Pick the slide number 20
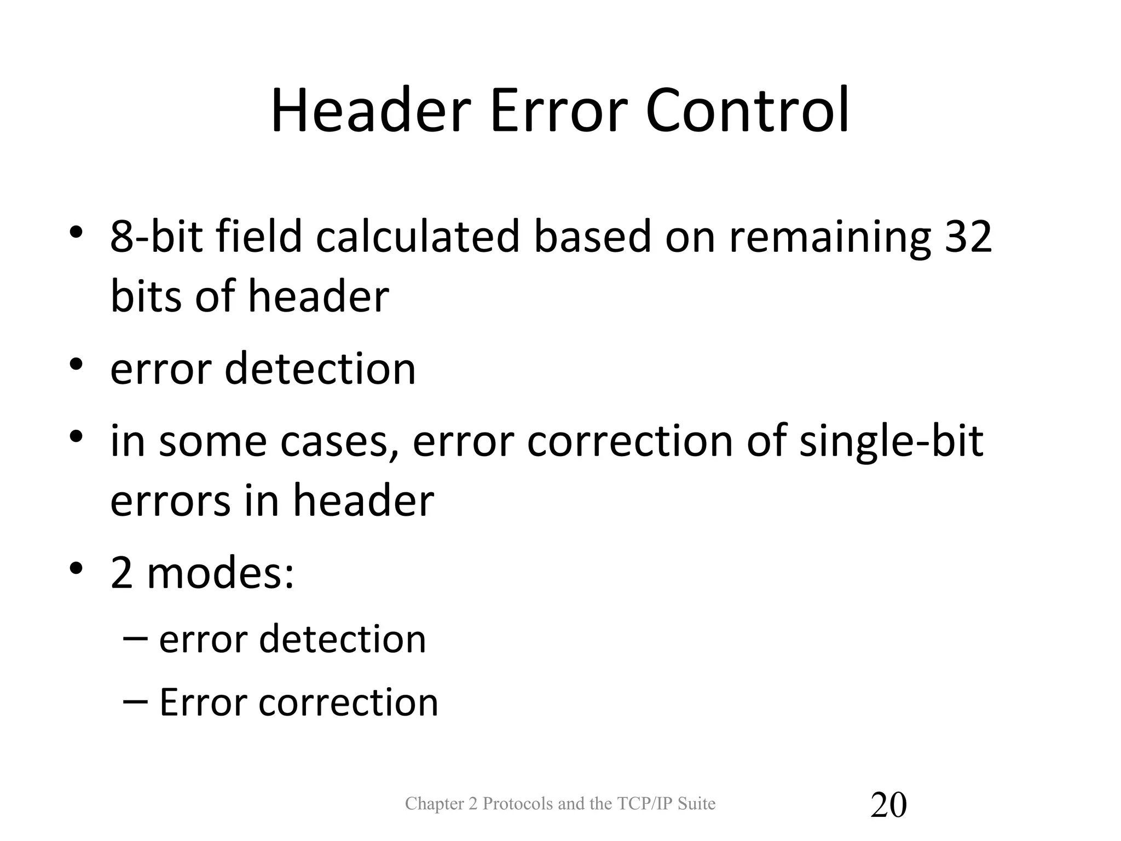[x=888, y=805]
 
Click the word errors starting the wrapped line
[x=170, y=501]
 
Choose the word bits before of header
[x=146, y=296]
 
